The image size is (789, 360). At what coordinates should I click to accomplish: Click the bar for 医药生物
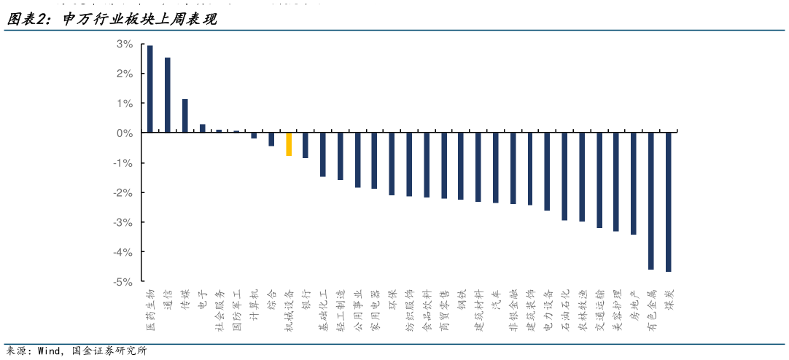[150, 89]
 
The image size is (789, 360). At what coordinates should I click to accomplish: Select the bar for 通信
[168, 95]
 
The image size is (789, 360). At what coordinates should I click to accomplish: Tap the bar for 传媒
[185, 116]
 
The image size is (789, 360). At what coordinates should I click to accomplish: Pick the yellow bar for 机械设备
[289, 144]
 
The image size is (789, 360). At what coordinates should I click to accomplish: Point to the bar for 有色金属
[650, 201]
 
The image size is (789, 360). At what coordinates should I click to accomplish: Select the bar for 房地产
[634, 184]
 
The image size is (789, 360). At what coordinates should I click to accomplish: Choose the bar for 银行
[306, 145]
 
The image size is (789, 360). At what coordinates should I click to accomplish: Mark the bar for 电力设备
[547, 171]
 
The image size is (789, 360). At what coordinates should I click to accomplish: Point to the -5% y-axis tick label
[123, 281]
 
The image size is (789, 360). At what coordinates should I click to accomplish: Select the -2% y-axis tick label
[123, 192]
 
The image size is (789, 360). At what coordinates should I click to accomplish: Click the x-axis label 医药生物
[150, 305]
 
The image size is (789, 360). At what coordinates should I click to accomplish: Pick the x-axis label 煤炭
[668, 298]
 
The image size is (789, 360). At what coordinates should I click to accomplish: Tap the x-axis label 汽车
[496, 298]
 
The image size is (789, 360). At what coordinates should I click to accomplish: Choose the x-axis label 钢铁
[461, 298]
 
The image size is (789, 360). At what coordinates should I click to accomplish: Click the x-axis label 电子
[203, 298]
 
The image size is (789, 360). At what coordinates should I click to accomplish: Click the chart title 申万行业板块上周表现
[139, 20]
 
